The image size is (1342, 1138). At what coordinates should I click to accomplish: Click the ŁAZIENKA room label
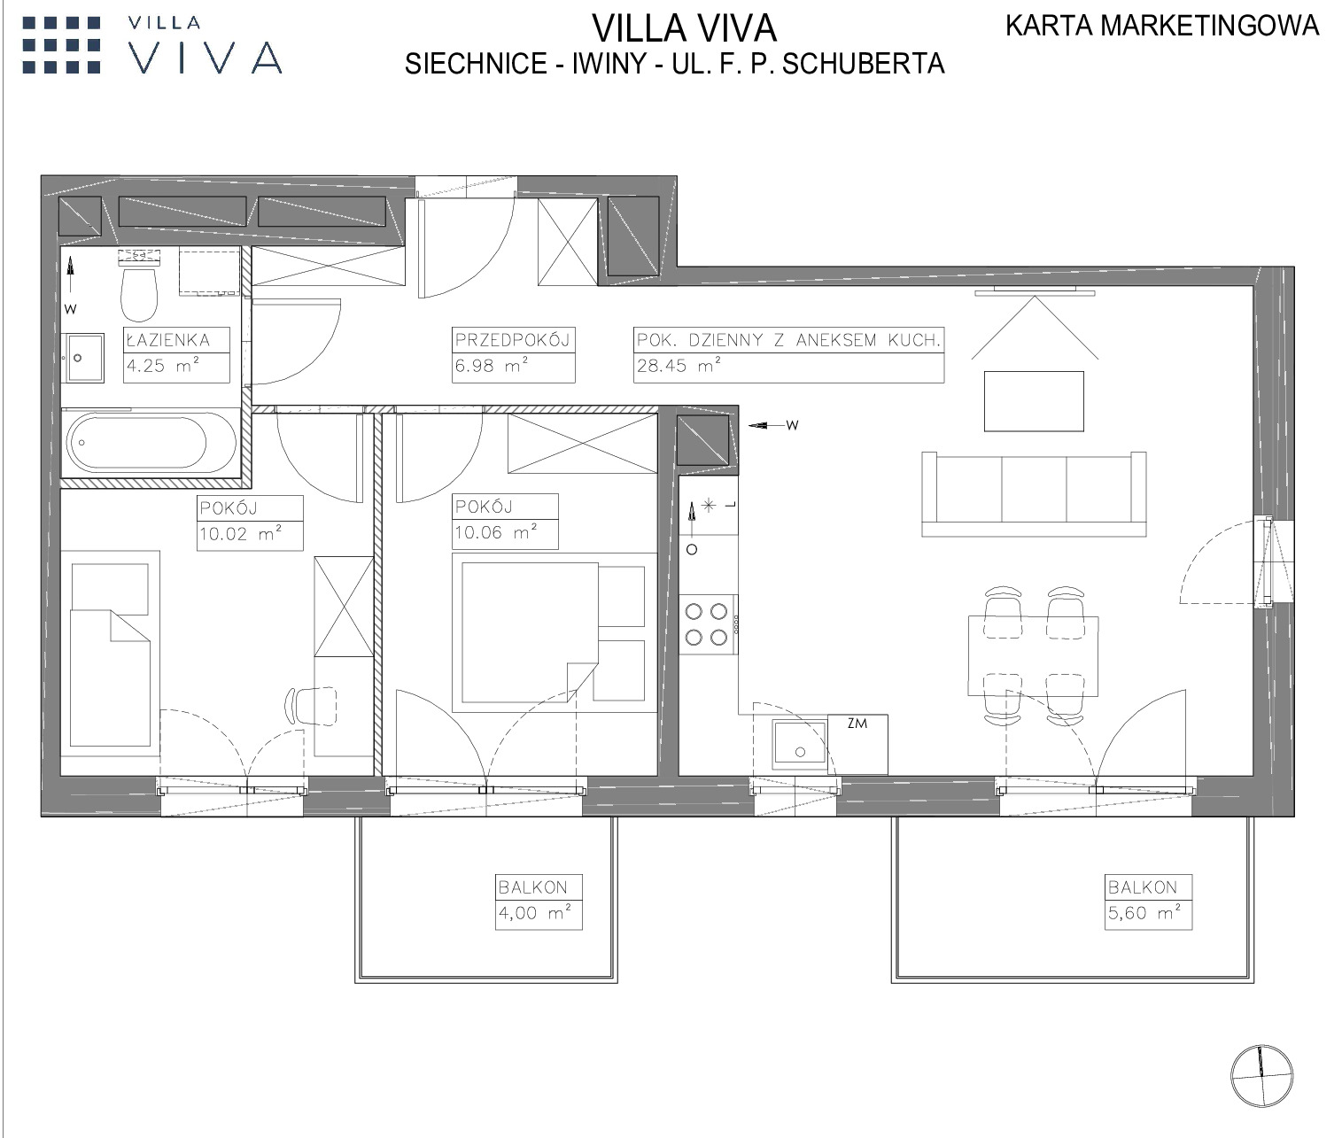[168, 340]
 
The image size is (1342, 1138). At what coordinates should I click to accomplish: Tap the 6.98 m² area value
[491, 366]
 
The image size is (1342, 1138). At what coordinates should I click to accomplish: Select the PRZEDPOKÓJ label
[512, 339]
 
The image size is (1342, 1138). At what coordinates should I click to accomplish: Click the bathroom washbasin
[82, 358]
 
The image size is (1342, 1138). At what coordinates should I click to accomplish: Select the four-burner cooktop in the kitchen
[706, 624]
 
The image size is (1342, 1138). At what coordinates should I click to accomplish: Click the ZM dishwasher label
[857, 724]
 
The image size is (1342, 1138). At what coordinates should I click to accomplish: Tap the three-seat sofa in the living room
[1034, 494]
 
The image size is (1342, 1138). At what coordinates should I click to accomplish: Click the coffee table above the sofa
[1034, 401]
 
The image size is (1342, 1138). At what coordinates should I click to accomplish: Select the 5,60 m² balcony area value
[1144, 913]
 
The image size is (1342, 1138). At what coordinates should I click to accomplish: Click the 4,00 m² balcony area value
[534, 913]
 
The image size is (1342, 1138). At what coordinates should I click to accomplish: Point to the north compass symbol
[1261, 1076]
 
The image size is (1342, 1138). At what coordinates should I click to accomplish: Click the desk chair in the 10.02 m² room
[310, 706]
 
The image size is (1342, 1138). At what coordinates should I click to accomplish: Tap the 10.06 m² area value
[495, 532]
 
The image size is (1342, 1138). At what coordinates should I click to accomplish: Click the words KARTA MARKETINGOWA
[1162, 26]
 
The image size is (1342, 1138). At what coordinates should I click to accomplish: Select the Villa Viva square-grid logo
[62, 45]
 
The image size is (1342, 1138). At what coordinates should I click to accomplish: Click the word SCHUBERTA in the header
[863, 64]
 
